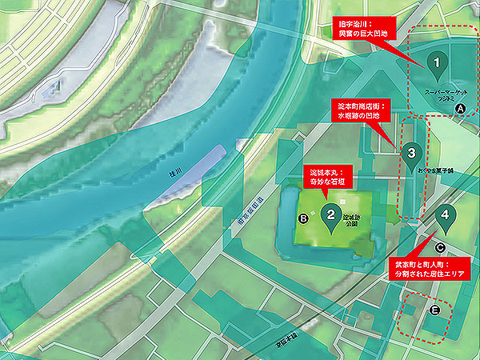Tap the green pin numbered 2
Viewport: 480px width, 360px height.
[x=330, y=214]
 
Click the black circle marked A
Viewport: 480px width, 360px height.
[x=459, y=107]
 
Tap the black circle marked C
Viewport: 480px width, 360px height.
[x=440, y=248]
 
